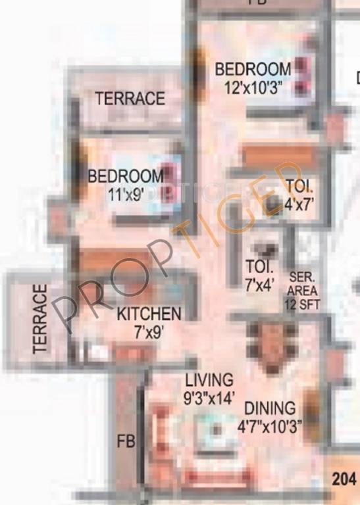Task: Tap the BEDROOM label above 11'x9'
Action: [x=126, y=176]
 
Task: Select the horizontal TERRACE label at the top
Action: [x=130, y=99]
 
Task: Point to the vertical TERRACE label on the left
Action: [x=41, y=319]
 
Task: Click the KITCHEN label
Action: [x=149, y=314]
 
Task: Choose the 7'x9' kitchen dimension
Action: [x=149, y=332]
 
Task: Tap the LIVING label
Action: [x=209, y=380]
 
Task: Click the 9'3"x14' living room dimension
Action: [x=209, y=397]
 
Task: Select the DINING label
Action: [x=270, y=409]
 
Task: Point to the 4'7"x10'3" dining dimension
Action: [x=270, y=426]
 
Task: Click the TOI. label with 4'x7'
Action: [x=299, y=186]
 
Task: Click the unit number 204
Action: [x=344, y=479]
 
